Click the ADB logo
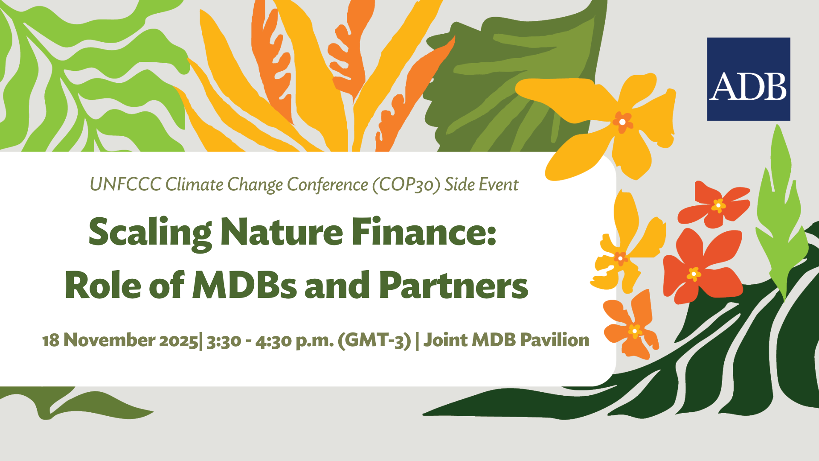749,79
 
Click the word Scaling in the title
150,233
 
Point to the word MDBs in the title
244,285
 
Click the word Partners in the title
453,285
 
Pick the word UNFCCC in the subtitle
125,184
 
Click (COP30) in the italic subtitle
406,185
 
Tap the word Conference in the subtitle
327,185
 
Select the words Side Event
482,184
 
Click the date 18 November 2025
120,340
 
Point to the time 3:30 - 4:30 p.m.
270,341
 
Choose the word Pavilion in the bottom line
555,340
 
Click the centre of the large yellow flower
622,122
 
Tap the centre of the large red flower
694,273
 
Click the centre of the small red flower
718,205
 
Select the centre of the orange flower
635,331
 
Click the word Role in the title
102,285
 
